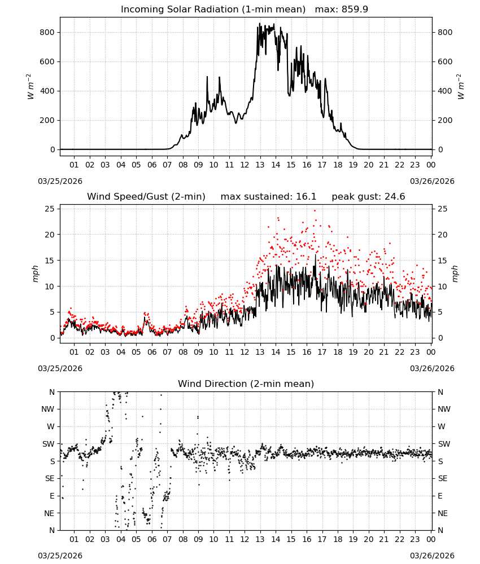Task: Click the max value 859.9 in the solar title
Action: [355, 9]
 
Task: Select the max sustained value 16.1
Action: [306, 196]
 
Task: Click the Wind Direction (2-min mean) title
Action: [246, 384]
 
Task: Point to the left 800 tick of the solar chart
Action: [47, 32]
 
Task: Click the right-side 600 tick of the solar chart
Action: [445, 61]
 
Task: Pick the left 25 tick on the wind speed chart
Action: [50, 209]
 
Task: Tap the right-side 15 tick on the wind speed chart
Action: [443, 261]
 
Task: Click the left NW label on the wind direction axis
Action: [48, 409]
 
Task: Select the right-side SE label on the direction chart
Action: [443, 478]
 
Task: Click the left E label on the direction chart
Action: [52, 496]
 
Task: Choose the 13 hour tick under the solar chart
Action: [260, 165]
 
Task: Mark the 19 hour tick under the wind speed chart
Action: [354, 352]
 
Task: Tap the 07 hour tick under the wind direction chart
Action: [167, 539]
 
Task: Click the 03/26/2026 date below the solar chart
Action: [432, 181]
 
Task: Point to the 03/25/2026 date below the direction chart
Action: [60, 556]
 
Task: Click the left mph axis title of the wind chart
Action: [35, 274]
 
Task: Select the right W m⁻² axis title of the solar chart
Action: [461, 87]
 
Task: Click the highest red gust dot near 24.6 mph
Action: [315, 211]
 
